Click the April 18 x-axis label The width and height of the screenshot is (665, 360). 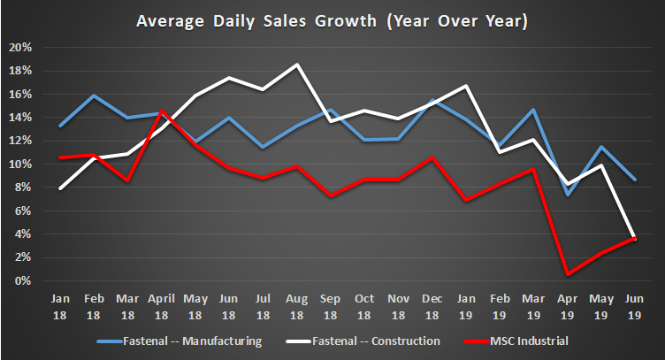click(x=162, y=306)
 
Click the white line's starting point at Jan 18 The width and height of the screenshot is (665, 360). click(x=59, y=188)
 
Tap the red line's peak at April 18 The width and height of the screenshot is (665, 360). click(x=162, y=111)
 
